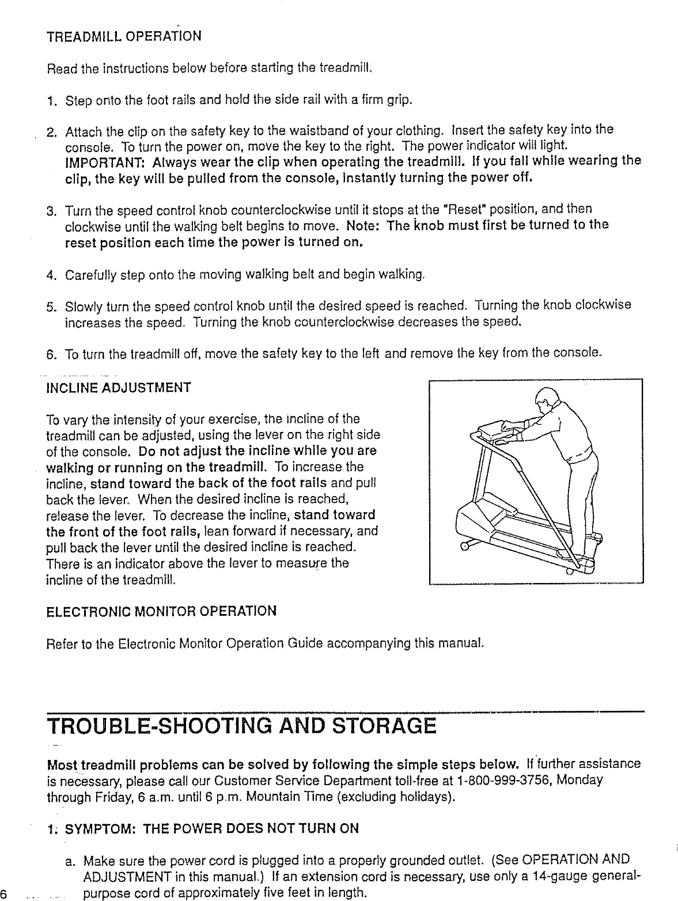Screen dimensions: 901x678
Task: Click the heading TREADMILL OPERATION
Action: (123, 36)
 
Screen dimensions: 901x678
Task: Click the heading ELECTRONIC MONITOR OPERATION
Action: (161, 611)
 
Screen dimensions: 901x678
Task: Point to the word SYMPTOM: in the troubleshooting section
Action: (101, 829)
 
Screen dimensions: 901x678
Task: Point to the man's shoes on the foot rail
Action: (593, 547)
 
